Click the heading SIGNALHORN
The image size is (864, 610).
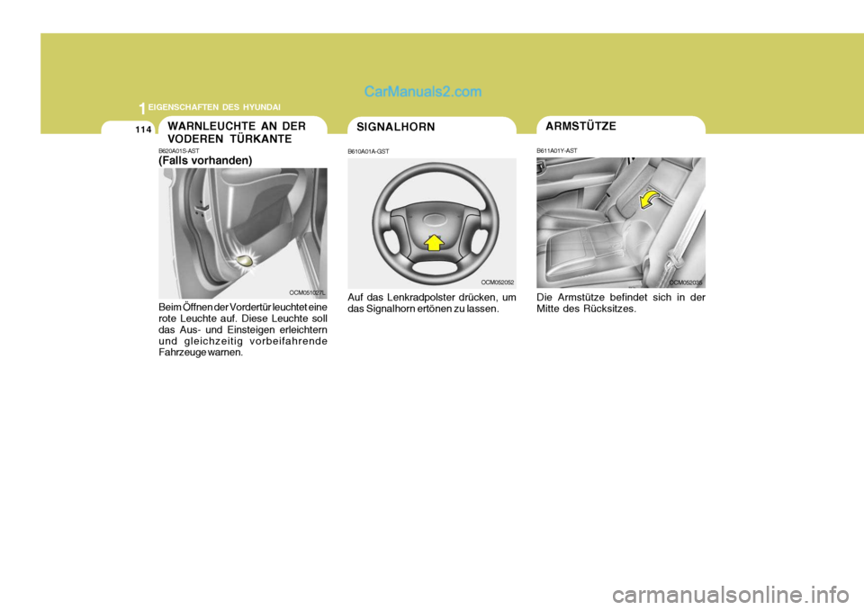point(395,127)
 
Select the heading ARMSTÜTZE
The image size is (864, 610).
point(580,126)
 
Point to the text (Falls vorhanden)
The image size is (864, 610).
point(205,160)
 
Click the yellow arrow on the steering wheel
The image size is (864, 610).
point(433,240)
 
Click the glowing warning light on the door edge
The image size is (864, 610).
point(242,259)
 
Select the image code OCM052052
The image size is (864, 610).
point(496,282)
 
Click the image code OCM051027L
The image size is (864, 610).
point(307,292)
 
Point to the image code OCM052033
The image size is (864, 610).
point(686,282)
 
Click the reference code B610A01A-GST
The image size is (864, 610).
point(368,151)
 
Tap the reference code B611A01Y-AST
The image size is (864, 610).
point(557,150)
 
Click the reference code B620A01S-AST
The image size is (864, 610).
point(179,151)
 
